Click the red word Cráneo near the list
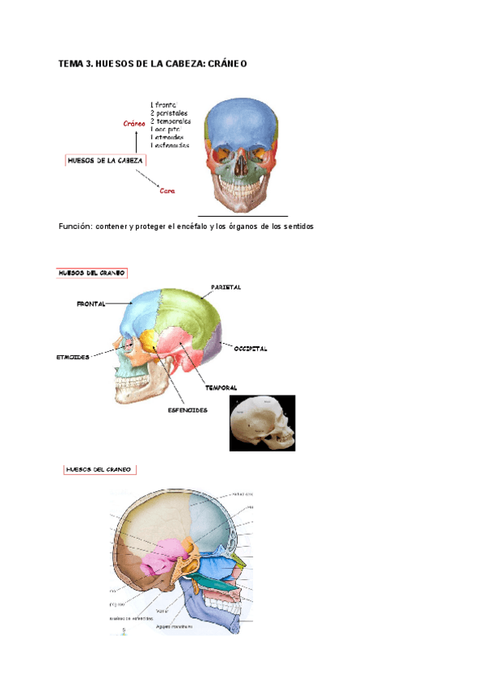click(133, 124)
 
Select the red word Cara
click(167, 191)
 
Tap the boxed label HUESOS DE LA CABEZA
click(105, 161)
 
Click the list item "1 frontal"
click(165, 104)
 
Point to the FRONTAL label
click(91, 303)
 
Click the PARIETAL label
click(226, 287)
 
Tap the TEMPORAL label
click(221, 388)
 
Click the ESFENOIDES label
click(188, 410)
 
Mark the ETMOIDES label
click(74, 356)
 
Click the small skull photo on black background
click(262, 422)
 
